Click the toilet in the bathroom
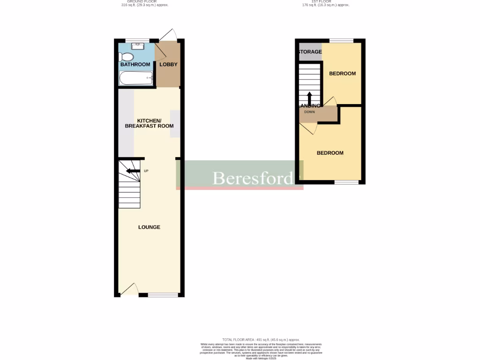point(126,57)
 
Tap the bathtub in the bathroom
point(136,78)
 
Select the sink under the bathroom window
point(137,46)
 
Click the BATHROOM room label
point(135,64)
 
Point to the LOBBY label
point(168,64)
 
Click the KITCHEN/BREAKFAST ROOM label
point(149,123)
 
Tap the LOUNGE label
point(149,227)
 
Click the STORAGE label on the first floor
point(309,52)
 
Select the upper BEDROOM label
point(342,74)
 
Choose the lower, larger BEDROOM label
point(330,153)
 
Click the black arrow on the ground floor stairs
point(133,171)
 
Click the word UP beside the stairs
point(146,171)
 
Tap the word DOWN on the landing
point(309,112)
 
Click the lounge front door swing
point(129,289)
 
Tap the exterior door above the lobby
point(167,35)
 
